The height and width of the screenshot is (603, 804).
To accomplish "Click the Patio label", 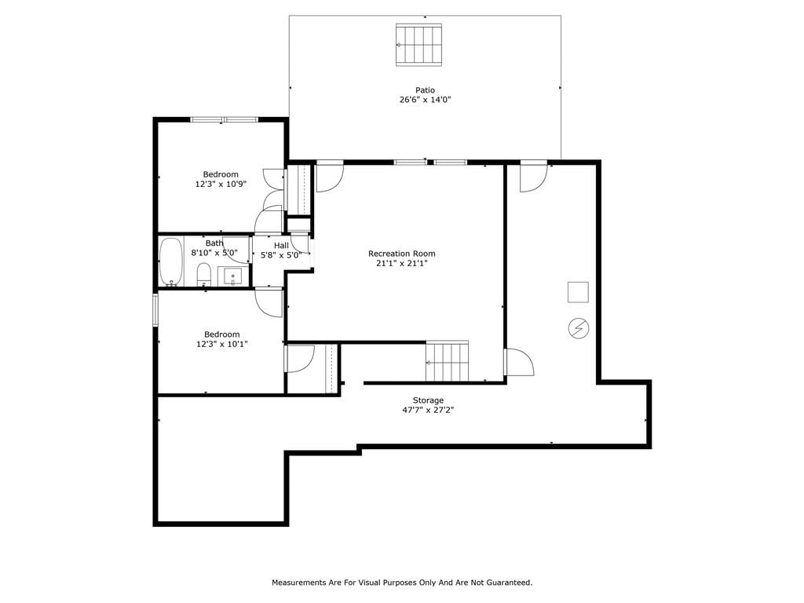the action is pyautogui.click(x=425, y=90).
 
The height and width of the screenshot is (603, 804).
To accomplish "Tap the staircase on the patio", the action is pyautogui.click(x=419, y=45).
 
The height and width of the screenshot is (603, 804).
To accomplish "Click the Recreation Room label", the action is pyautogui.click(x=401, y=254).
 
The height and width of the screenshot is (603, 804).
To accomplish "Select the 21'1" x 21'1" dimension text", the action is pyautogui.click(x=401, y=264).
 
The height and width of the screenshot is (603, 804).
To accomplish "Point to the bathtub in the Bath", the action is pyautogui.click(x=170, y=262).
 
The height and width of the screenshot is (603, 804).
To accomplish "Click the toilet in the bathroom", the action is pyautogui.click(x=204, y=274).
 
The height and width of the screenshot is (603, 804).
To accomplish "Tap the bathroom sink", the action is pyautogui.click(x=232, y=276).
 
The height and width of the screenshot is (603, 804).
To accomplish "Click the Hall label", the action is pyautogui.click(x=281, y=246).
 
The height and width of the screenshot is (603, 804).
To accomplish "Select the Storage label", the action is pyautogui.click(x=428, y=400).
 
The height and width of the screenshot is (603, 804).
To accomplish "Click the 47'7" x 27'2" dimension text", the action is pyautogui.click(x=428, y=410).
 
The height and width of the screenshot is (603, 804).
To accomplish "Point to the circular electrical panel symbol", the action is pyautogui.click(x=579, y=328).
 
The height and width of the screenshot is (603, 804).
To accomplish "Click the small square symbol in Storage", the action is pyautogui.click(x=578, y=292).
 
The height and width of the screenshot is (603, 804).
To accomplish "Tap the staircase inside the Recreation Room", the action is pyautogui.click(x=447, y=361).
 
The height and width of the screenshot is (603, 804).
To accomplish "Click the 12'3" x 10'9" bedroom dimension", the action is pyautogui.click(x=221, y=184).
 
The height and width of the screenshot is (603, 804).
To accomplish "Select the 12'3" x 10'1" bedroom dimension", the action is pyautogui.click(x=222, y=344).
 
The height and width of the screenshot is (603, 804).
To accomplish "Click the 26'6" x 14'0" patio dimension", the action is pyautogui.click(x=425, y=100).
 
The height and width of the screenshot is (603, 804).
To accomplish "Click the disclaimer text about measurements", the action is pyautogui.click(x=402, y=583).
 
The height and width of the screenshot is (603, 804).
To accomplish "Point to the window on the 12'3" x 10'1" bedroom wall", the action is pyautogui.click(x=155, y=309).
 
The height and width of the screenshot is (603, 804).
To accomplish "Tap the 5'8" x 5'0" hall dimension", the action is pyautogui.click(x=281, y=255).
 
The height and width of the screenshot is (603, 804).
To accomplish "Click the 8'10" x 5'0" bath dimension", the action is pyautogui.click(x=214, y=252).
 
